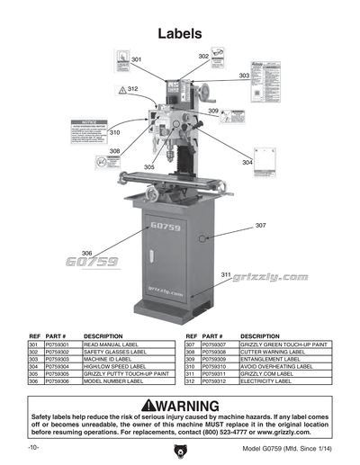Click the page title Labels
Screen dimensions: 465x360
[179, 33]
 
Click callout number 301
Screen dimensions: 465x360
[136, 59]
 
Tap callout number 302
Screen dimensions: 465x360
[203, 57]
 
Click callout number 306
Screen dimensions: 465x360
[87, 253]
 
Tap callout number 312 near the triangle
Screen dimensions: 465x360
[132, 90]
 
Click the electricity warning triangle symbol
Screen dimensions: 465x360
[121, 91]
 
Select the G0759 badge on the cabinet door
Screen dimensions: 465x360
[166, 228]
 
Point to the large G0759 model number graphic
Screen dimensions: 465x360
[91, 263]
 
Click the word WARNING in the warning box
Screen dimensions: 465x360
[193, 406]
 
